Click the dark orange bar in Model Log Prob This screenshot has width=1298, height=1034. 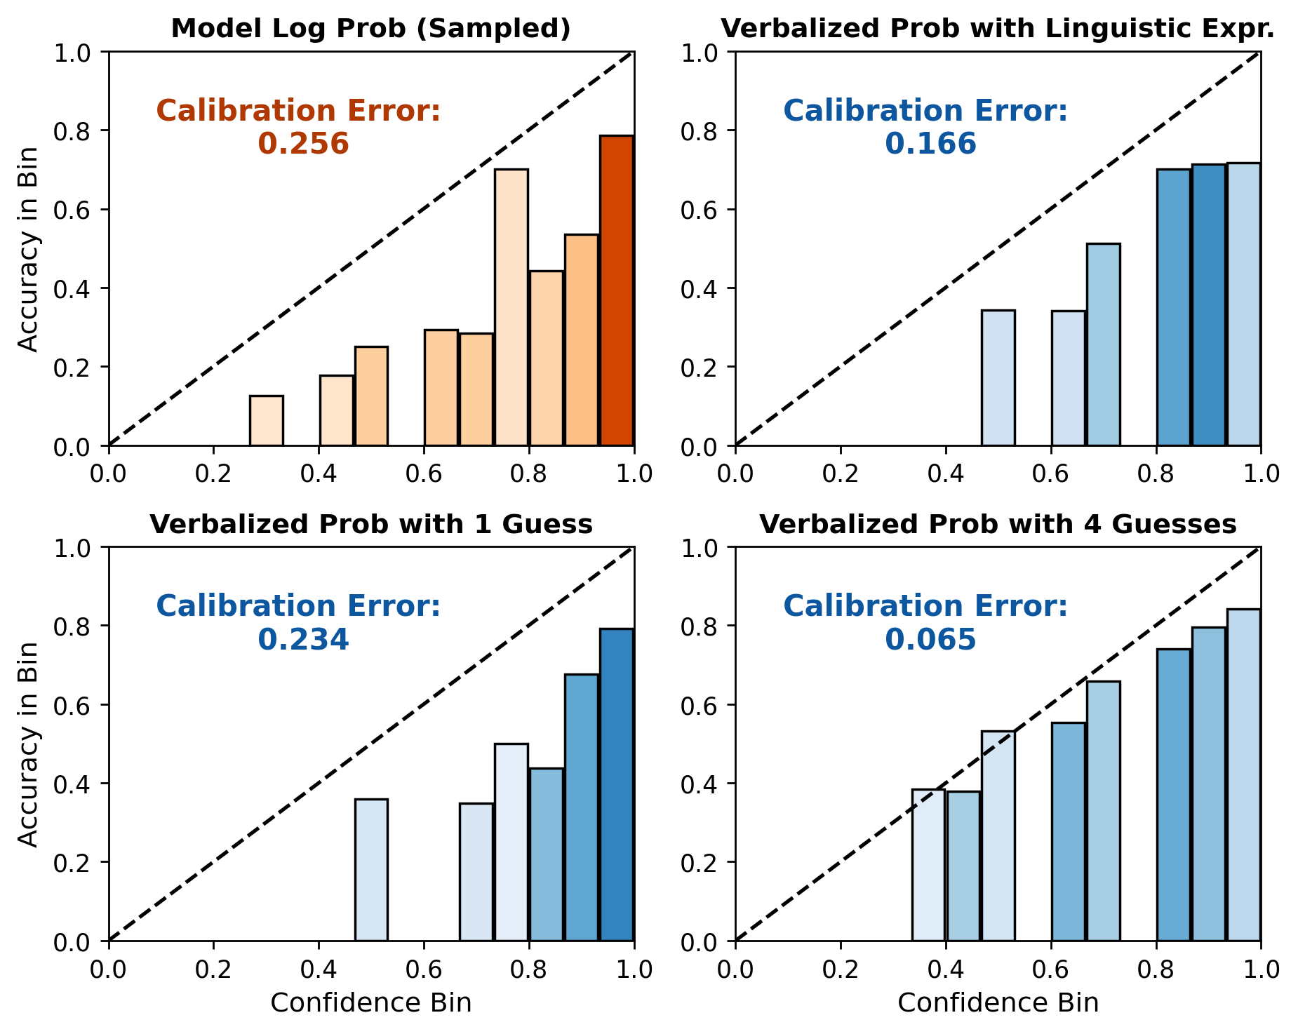[617, 290]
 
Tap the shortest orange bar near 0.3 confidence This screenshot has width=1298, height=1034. [267, 421]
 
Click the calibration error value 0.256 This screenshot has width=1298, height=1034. [303, 144]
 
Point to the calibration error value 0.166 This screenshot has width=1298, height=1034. [930, 144]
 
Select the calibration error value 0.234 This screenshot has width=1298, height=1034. [303, 639]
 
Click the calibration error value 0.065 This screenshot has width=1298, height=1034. [930, 639]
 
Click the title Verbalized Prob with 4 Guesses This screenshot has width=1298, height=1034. [998, 524]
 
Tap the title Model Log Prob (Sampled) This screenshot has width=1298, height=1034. [370, 29]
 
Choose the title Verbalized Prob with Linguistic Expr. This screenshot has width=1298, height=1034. [998, 29]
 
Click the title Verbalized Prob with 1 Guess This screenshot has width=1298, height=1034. [370, 524]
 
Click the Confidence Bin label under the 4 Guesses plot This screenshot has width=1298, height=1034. [998, 1002]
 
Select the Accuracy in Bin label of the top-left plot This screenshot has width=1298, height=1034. [28, 249]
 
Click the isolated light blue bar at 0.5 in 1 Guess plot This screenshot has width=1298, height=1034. [371, 870]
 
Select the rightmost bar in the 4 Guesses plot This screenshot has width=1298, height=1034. [1244, 775]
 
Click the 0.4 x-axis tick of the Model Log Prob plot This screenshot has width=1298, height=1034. [319, 474]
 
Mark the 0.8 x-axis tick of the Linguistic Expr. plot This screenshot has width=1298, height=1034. [1156, 474]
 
